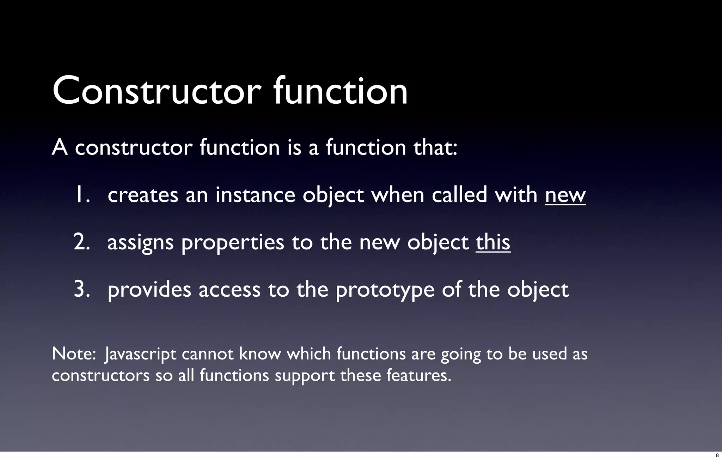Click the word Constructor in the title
tap(157, 91)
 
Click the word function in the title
tap(340, 91)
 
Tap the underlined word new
tap(565, 195)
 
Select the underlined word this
tap(493, 242)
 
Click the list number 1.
tap(82, 195)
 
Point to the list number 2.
tap(82, 242)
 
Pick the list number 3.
tap(82, 290)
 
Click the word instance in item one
tap(255, 195)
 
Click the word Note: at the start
tap(74, 354)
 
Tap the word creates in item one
tap(143, 195)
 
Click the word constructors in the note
tap(100, 375)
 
